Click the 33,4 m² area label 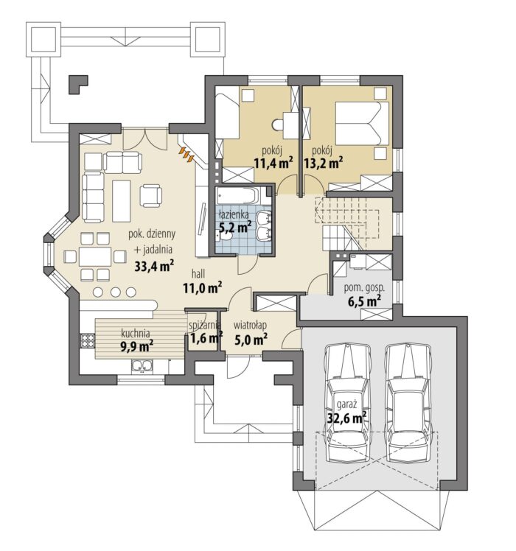(x=154, y=266)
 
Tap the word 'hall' (x=198, y=274)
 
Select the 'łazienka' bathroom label (x=234, y=214)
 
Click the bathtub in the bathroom (x=239, y=195)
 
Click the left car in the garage (x=348, y=404)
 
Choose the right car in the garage (x=408, y=404)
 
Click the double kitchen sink (x=142, y=366)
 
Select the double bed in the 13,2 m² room (x=362, y=123)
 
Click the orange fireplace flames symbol (x=186, y=154)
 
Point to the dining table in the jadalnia (x=95, y=257)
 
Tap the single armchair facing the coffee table (x=151, y=196)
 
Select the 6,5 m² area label (x=364, y=301)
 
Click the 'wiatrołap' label (x=250, y=325)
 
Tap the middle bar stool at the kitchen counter (x=115, y=292)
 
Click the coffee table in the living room (x=122, y=200)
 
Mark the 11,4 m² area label (x=273, y=163)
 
